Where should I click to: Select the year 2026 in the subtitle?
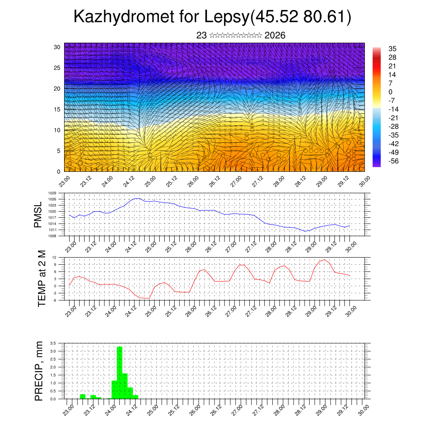click(275, 36)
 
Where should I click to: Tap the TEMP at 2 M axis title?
click(41, 279)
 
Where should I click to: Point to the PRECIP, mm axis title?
click(39, 371)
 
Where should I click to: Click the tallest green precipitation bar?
click(119, 372)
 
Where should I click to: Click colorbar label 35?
click(393, 49)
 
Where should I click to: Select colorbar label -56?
click(393, 161)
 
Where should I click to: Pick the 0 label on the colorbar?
click(390, 92)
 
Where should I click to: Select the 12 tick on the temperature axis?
click(54, 257)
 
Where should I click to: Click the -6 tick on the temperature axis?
click(54, 300)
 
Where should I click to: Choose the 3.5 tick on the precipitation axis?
click(53, 343)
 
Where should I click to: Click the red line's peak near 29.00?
click(324, 260)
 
